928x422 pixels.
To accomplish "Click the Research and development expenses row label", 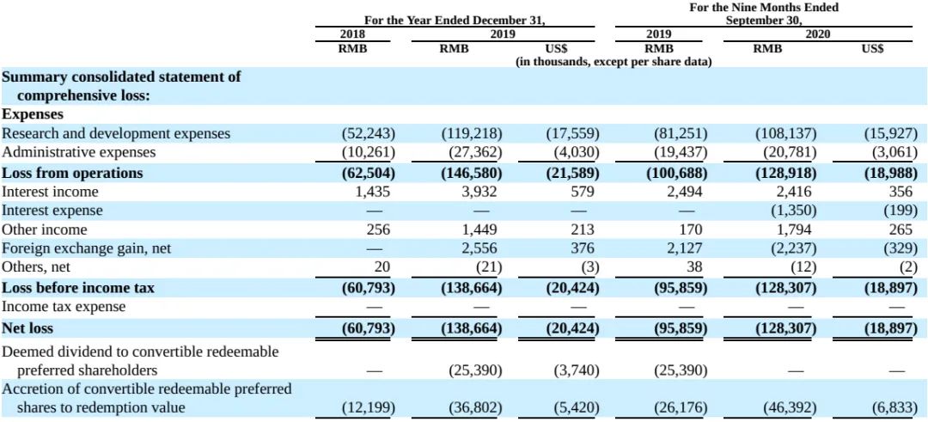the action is click(116, 134).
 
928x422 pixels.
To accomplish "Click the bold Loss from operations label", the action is click(72, 173).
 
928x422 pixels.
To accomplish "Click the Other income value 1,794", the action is click(795, 229).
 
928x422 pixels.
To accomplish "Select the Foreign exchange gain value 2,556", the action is click(482, 248).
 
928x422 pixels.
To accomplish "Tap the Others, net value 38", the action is click(694, 267).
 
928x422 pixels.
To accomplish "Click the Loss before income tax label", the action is click(78, 288).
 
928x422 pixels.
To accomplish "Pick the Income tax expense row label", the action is click(64, 307).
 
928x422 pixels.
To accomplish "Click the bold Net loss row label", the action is click(27, 327).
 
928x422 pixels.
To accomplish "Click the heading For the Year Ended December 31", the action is click(454, 20).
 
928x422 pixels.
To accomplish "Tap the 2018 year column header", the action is click(353, 34).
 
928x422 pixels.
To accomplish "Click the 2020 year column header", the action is click(817, 34).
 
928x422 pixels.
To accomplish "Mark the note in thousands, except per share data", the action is click(614, 62).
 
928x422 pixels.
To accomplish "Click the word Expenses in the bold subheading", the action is click(34, 114).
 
